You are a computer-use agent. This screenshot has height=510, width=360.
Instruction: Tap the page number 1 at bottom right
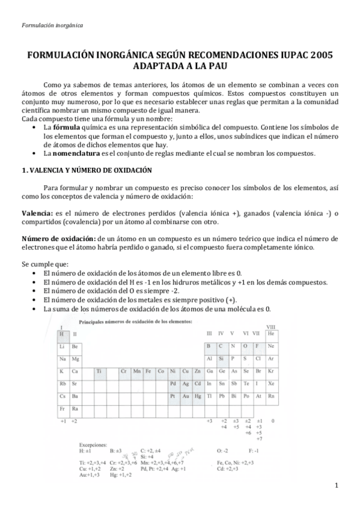point(337,486)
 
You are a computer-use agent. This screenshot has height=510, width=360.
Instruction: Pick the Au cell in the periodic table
point(187,396)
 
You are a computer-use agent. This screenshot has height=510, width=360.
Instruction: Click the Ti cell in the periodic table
point(99,371)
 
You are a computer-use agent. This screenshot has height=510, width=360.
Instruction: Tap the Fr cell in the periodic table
point(62,409)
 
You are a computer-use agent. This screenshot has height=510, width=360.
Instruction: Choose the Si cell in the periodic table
point(222,358)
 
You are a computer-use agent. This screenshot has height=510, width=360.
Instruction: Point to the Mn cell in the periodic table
point(136,371)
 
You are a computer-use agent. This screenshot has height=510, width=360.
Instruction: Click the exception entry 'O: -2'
point(222,450)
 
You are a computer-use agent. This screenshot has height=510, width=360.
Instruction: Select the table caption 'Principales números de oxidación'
point(136,322)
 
